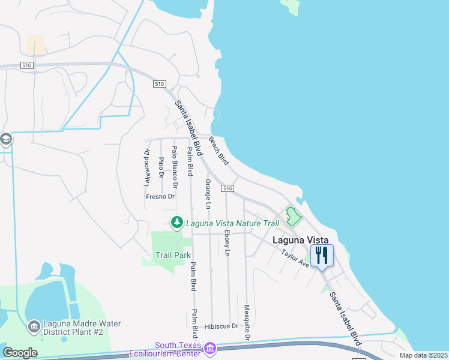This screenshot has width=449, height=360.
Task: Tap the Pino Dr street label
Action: click(161, 167)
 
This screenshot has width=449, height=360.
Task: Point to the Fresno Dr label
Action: click(160, 196)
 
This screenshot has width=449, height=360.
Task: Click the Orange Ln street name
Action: click(208, 194)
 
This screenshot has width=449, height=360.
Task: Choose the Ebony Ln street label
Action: click(227, 243)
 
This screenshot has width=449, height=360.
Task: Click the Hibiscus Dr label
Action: click(221, 326)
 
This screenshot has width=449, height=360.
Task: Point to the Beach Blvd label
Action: click(219, 151)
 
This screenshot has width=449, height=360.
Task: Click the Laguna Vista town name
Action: click(301, 240)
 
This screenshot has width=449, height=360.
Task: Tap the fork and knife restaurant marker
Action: click(322, 256)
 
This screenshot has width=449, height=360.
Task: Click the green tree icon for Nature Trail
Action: click(177, 223)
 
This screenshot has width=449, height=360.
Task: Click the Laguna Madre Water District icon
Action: click(34, 328)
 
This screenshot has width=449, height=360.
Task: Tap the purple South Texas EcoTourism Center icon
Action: click(210, 348)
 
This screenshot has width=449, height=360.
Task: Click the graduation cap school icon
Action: click(6, 140)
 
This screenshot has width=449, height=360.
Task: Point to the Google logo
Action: click(20, 353)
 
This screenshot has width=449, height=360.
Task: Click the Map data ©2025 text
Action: click(423, 355)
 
